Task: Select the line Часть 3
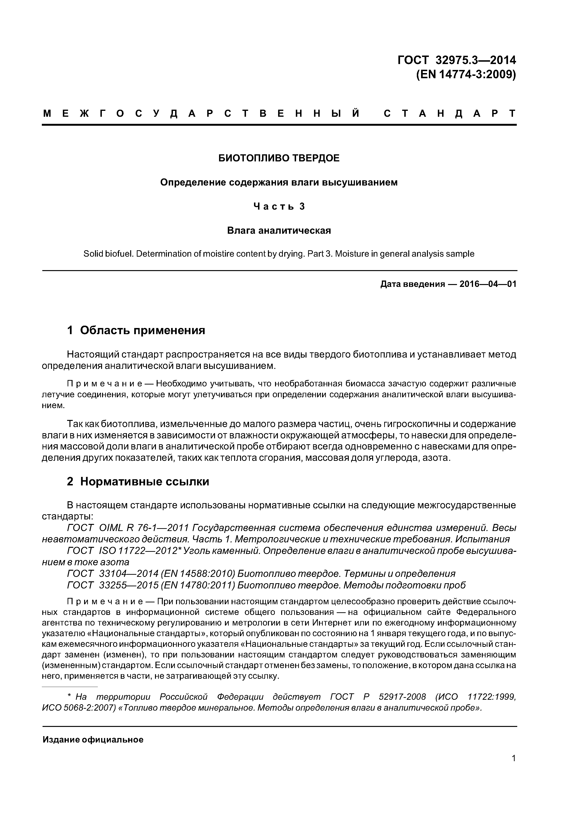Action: tap(279, 206)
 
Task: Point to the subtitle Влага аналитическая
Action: tap(279, 230)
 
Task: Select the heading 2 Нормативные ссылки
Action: tap(138, 481)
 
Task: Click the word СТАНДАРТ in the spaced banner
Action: tap(449, 114)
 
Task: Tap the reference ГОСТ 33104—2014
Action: tap(113, 574)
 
